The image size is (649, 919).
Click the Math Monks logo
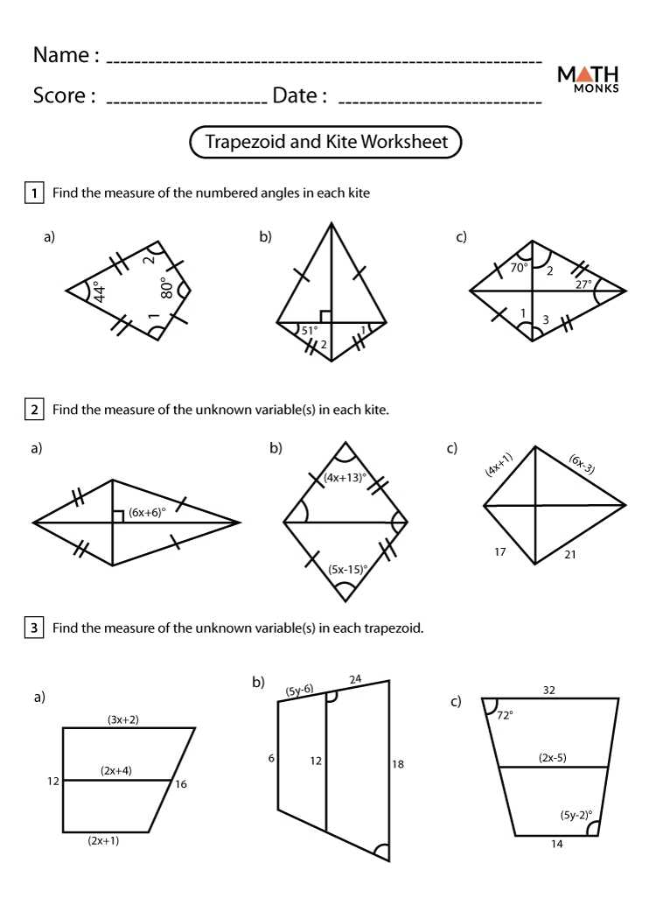point(588,79)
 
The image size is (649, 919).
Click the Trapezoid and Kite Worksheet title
point(325,142)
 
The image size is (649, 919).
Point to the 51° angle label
point(309,331)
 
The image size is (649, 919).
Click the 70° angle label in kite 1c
point(520,268)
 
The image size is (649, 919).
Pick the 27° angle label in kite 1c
point(583,284)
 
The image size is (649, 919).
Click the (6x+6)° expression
point(147,513)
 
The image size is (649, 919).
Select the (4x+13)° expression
point(345,478)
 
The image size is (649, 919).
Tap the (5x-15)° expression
point(347,569)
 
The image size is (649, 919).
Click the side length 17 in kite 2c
point(500,552)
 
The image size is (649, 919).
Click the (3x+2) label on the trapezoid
point(123,719)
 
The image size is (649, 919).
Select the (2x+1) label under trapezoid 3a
point(104,840)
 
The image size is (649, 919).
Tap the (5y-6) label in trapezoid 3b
point(300,691)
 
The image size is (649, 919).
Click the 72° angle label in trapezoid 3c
point(505,715)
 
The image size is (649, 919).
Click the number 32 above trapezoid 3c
point(548,690)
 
